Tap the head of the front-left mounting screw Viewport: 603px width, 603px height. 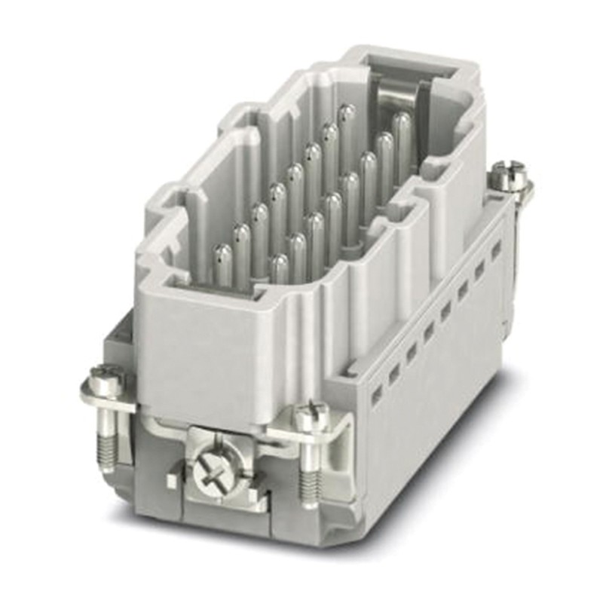[106, 379]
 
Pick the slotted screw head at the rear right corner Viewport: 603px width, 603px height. [503, 181]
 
